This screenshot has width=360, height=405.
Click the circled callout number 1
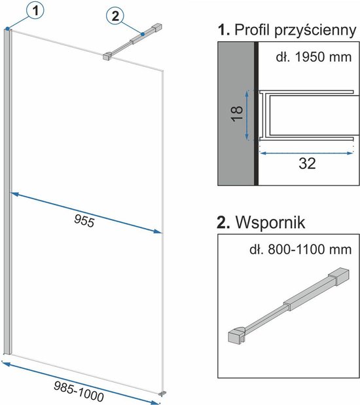[x=35, y=11]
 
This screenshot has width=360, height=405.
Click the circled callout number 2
[x=115, y=16]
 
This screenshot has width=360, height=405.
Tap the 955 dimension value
[x=84, y=221]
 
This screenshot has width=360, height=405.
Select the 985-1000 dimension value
[x=79, y=392]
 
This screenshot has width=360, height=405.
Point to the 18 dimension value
[x=237, y=113]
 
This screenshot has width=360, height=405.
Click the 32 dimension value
[x=307, y=163]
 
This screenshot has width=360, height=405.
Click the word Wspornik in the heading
[x=270, y=222]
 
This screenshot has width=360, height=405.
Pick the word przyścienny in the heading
[x=315, y=31]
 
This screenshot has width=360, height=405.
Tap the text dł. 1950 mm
[x=314, y=57]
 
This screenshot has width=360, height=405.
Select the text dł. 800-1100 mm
[x=300, y=250]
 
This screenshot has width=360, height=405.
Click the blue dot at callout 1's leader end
[x=8, y=28]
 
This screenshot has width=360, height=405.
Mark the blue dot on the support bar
[x=143, y=34]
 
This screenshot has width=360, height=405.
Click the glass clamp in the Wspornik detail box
[x=237, y=336]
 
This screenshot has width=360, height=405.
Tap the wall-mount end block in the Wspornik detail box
[x=338, y=277]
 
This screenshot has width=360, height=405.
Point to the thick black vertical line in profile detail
[x=256, y=113]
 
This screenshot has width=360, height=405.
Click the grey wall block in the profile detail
[x=236, y=113]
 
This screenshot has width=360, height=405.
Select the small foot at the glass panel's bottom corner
[x=162, y=394]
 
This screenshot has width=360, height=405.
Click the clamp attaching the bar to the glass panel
[x=107, y=56]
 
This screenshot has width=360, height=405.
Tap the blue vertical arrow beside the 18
[x=247, y=115]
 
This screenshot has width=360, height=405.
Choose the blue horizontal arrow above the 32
[x=306, y=153]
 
